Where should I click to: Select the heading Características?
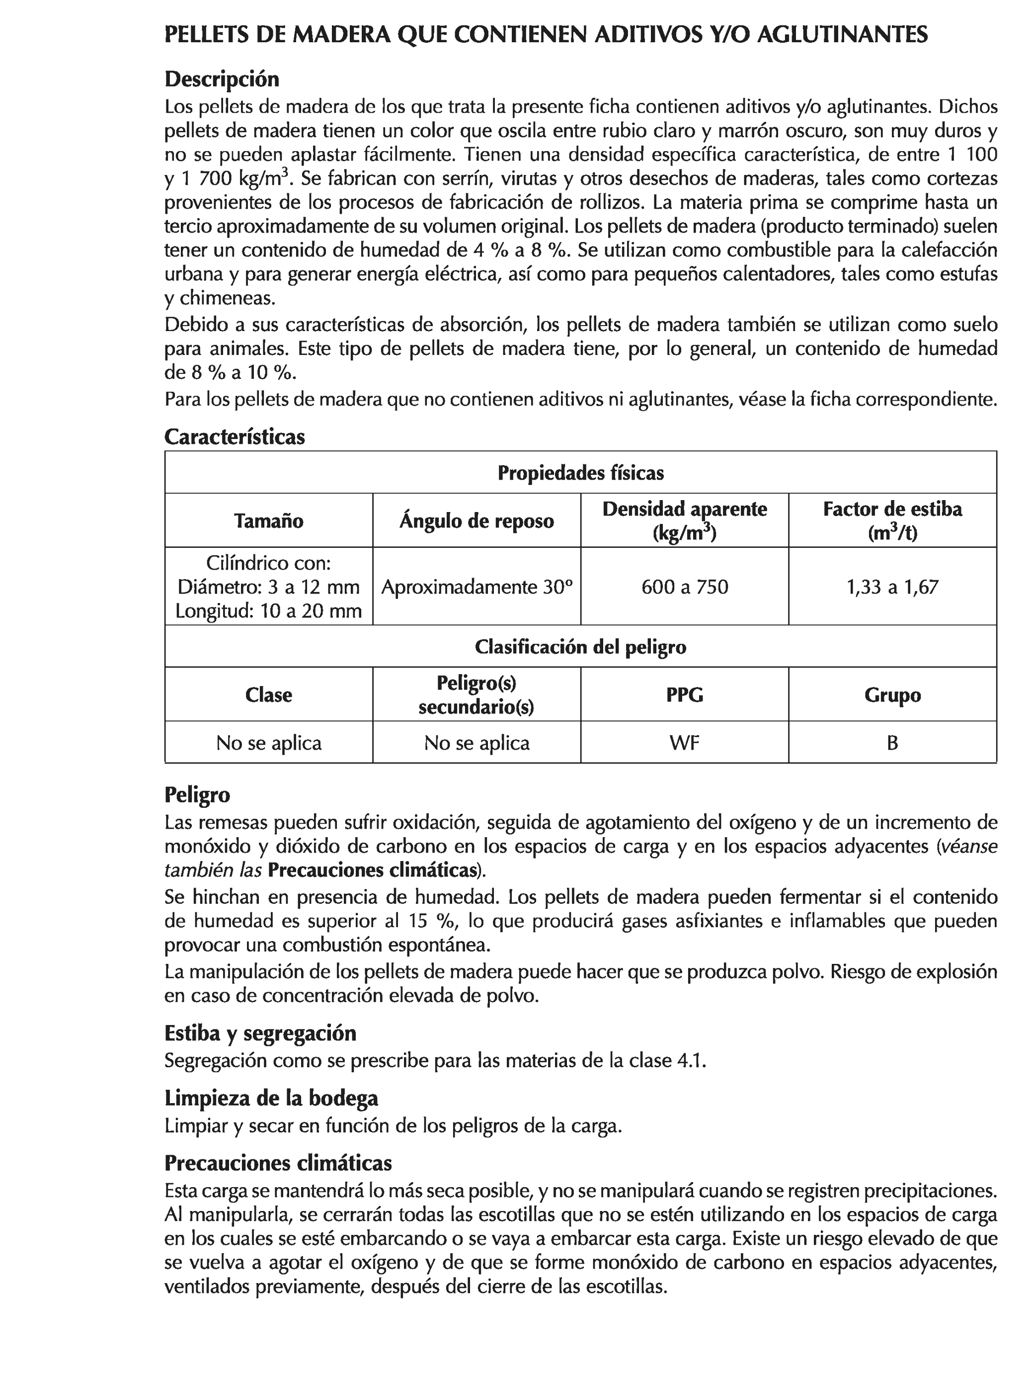pyautogui.click(x=234, y=436)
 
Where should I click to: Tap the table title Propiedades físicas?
pyautogui.click(x=580, y=473)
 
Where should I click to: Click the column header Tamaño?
pyautogui.click(x=268, y=520)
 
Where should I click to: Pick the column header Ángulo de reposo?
pyautogui.click(x=476, y=520)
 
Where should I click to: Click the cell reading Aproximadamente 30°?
pyautogui.click(x=476, y=587)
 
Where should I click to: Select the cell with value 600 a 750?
pyautogui.click(x=684, y=587)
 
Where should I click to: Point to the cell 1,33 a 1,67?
pyautogui.click(x=892, y=587)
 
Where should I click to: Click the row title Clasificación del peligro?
pyautogui.click(x=580, y=646)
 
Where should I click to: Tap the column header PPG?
pyautogui.click(x=684, y=694)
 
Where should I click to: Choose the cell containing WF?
pyautogui.click(x=684, y=742)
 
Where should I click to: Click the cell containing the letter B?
pyautogui.click(x=892, y=742)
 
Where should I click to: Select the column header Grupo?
pyautogui.click(x=892, y=694)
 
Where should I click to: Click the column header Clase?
pyautogui.click(x=268, y=694)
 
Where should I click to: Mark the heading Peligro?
pyautogui.click(x=197, y=795)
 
